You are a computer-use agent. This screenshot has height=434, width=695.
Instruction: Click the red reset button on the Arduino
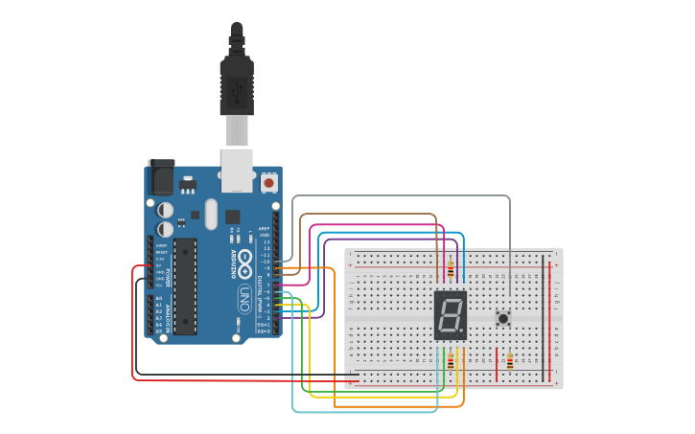pos(268,182)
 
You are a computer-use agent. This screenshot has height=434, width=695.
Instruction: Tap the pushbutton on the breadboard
pos(502,318)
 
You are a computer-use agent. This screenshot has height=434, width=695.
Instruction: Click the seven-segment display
pos(450,314)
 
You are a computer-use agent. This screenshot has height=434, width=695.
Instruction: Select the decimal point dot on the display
pos(462,331)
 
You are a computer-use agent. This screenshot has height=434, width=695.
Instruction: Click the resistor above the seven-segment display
pos(451,269)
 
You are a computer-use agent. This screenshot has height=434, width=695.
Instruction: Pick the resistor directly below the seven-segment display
pos(451,360)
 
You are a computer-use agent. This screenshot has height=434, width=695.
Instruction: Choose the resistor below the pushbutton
pos(510,361)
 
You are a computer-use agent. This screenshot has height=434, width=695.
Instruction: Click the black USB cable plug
pos(236,81)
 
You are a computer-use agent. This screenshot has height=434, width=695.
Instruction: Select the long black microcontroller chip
pos(185,286)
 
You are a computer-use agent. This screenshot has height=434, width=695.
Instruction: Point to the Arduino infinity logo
pos(245,259)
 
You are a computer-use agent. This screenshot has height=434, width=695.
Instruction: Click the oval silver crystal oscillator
pos(211,215)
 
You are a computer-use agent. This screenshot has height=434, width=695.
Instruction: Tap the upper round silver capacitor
pos(166,209)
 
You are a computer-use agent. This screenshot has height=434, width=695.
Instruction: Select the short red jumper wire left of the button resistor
pos(497,361)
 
